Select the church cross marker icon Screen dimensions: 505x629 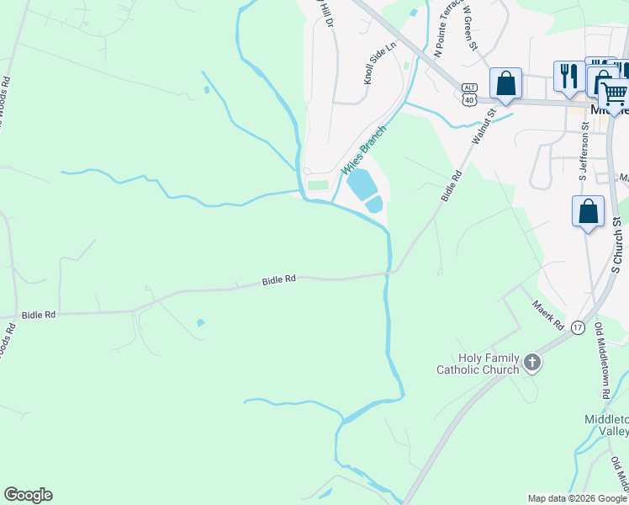[x=531, y=363]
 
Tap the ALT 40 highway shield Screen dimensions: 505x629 [x=469, y=94]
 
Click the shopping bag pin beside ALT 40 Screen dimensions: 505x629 [x=505, y=83]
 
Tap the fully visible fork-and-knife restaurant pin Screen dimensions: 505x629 [x=569, y=77]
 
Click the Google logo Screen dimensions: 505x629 [x=28, y=495]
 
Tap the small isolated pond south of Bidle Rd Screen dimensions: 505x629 [x=200, y=322]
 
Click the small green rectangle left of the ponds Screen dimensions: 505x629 [x=318, y=185]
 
